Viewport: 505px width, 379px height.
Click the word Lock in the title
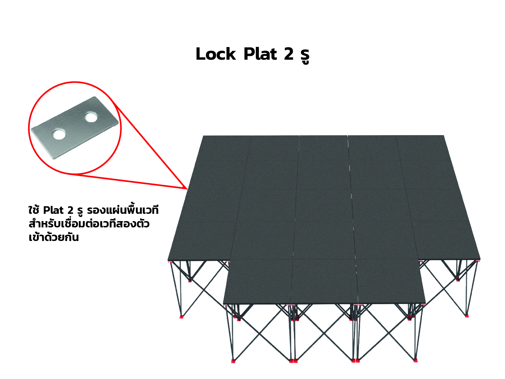coord(215,54)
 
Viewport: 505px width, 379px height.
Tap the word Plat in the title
coord(260,54)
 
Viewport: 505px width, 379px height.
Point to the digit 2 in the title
coord(289,54)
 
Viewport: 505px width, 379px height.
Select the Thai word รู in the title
coord(305,57)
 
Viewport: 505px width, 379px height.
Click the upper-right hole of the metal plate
coord(91,117)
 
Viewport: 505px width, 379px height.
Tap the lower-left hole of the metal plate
coord(59,134)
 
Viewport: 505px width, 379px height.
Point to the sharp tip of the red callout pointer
coord(187,189)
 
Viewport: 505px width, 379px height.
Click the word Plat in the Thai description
coord(53,210)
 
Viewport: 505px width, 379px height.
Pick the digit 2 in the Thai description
coord(70,210)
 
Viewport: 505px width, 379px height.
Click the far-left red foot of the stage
coord(181,316)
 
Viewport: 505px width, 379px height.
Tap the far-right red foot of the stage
coord(467,316)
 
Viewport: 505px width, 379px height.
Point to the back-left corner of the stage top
coord(203,136)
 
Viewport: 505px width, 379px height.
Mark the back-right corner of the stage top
coord(443,135)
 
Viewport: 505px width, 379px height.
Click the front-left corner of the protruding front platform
coord(223,304)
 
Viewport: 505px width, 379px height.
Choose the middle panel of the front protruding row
coord(324,281)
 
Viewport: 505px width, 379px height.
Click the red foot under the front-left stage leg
coord(233,361)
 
